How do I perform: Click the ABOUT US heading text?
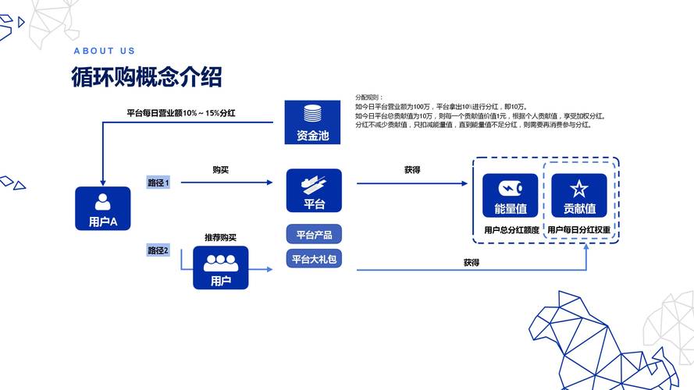click(105, 51)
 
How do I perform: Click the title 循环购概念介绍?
click(146, 77)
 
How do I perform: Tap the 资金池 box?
click(312, 122)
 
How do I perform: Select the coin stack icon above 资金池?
click(312, 112)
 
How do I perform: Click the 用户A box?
click(102, 208)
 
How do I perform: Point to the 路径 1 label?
click(158, 183)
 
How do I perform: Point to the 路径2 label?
click(158, 250)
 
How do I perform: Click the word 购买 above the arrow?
click(220, 169)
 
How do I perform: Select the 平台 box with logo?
click(314, 190)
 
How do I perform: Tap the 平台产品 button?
click(314, 234)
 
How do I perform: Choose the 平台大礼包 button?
click(314, 259)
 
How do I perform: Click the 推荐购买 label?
click(220, 237)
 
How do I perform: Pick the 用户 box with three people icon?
click(220, 268)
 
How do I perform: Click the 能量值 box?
click(510, 195)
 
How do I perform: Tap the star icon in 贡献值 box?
click(579, 188)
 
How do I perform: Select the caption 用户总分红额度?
click(511, 230)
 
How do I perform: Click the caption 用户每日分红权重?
click(578, 230)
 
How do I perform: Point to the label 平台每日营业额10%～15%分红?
click(180, 114)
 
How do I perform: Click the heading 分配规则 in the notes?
click(369, 97)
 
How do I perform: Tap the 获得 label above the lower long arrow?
click(471, 263)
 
